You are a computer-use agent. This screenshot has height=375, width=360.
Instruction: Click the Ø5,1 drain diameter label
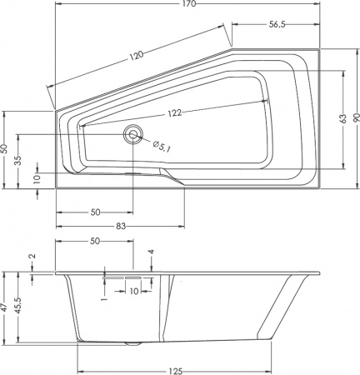tap(162, 146)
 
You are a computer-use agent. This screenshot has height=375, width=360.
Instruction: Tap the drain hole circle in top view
tap(132, 135)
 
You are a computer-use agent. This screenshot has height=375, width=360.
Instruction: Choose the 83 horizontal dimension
tap(121, 227)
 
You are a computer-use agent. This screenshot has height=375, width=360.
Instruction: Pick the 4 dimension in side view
tap(151, 251)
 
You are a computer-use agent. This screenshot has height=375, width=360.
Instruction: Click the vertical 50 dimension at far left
tap(6, 148)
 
